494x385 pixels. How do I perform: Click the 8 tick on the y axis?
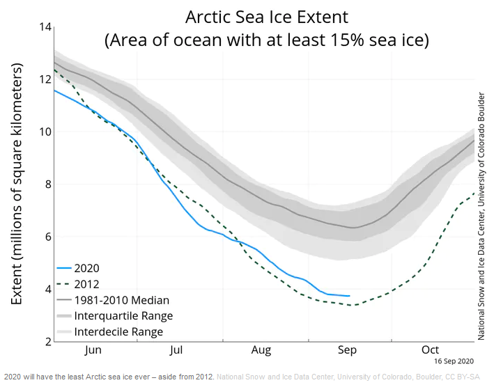click(x=46, y=184)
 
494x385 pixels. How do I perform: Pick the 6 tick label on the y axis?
click(x=46, y=237)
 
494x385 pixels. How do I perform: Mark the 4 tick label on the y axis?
click(x=46, y=289)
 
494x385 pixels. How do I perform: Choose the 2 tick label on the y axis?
click(x=46, y=341)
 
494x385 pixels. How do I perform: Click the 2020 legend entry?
click(x=86, y=268)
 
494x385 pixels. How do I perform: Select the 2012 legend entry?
click(x=86, y=284)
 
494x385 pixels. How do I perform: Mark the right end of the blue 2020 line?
click(x=350, y=296)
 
